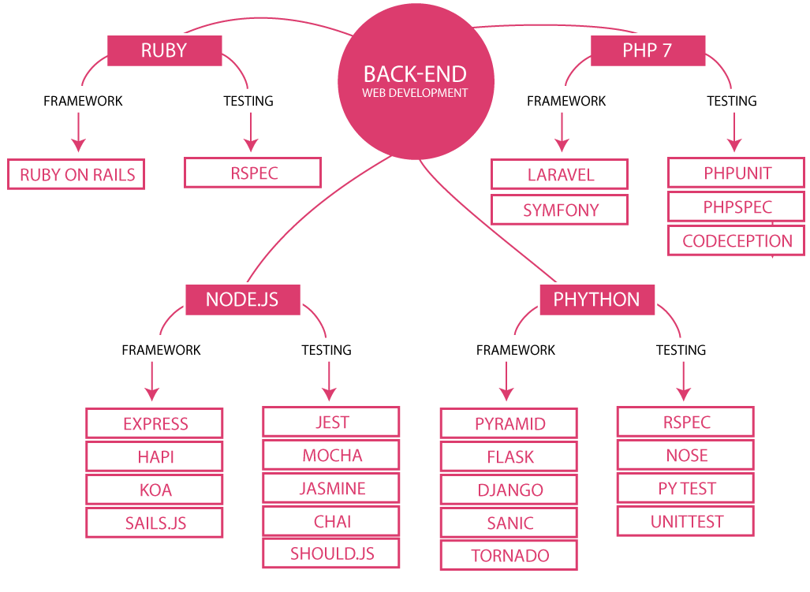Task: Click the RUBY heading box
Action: click(163, 50)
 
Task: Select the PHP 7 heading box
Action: click(647, 50)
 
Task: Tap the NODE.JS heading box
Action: click(241, 300)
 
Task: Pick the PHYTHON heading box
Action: click(596, 300)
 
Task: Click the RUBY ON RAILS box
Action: click(77, 175)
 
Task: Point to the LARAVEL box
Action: click(560, 174)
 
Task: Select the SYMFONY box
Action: click(560, 210)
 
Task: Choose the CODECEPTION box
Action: click(737, 241)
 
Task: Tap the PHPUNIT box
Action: click(737, 173)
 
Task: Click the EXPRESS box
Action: click(155, 424)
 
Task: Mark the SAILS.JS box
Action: click(155, 523)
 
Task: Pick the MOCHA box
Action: click(332, 456)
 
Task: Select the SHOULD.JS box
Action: click(332, 553)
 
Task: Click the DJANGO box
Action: click(510, 490)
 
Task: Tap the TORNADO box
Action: click(510, 556)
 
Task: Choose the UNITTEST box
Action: click(686, 522)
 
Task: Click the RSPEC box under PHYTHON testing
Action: click(686, 423)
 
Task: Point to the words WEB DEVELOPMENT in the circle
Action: click(415, 93)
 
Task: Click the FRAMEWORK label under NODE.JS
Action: click(161, 349)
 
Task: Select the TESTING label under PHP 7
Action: click(731, 101)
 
